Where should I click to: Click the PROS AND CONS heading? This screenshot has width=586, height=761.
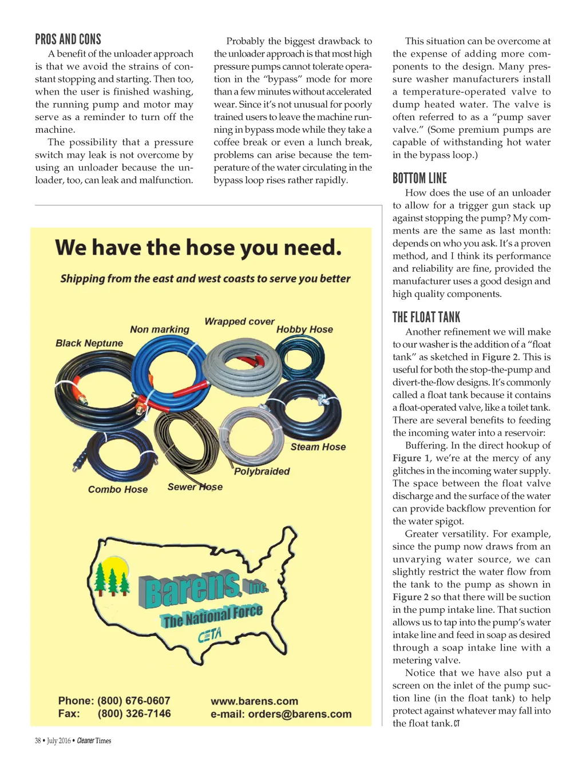click(x=68, y=39)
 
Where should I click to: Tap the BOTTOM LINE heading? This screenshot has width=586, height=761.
click(x=419, y=179)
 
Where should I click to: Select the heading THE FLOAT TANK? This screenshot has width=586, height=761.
click(x=426, y=318)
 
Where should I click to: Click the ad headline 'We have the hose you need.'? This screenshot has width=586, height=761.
click(x=199, y=248)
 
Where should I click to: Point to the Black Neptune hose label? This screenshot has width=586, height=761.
click(x=89, y=343)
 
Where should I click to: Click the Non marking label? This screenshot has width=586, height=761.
click(x=160, y=330)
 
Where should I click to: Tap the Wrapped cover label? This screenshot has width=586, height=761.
click(x=239, y=322)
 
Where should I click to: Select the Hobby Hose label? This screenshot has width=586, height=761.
click(x=304, y=330)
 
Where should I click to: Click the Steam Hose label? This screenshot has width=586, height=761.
click(x=318, y=447)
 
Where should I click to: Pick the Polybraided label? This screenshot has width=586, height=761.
click(x=262, y=471)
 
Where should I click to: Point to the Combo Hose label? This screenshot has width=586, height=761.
click(x=118, y=490)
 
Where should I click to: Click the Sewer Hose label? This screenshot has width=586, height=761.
click(x=195, y=487)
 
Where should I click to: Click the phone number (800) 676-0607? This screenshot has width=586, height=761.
click(x=134, y=701)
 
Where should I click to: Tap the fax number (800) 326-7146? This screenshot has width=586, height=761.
click(x=134, y=714)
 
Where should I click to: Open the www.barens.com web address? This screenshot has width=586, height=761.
click(x=254, y=701)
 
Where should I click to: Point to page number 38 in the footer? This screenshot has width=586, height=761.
click(x=38, y=741)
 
